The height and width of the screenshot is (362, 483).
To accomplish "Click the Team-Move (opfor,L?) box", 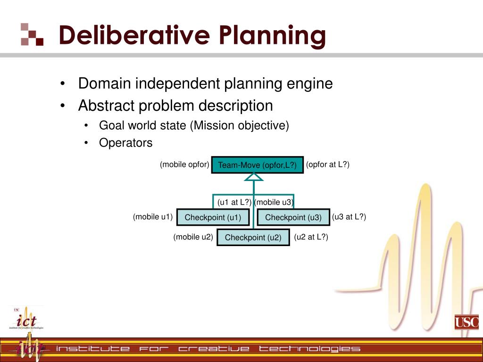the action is click(258, 165).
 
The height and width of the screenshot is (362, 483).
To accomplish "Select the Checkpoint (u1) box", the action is click(213, 217).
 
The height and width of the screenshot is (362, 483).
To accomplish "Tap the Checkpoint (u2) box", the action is click(253, 238).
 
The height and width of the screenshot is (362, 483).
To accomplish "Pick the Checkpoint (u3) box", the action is click(293, 217).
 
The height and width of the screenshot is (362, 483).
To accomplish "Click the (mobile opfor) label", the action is click(184, 165).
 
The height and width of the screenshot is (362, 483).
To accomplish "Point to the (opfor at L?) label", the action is click(328, 165).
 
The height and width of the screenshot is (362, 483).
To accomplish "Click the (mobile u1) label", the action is click(153, 217).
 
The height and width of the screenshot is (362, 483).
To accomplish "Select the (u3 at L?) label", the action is click(349, 217).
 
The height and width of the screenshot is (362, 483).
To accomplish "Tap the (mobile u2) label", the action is click(193, 237).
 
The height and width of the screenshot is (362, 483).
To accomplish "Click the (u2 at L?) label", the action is click(311, 237).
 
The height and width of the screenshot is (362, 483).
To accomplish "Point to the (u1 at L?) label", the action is click(234, 202).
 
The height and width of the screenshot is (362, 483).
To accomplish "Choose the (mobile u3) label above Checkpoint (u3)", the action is click(274, 202).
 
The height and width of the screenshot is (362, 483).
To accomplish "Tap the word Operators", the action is click(126, 143).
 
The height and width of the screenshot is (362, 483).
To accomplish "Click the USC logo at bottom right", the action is click(466, 322).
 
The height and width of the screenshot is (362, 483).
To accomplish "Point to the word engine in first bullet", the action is click(310, 84).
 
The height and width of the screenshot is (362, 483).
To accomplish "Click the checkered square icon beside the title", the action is click(32, 34).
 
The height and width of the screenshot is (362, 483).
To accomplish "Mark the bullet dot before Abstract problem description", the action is click(63, 106).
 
